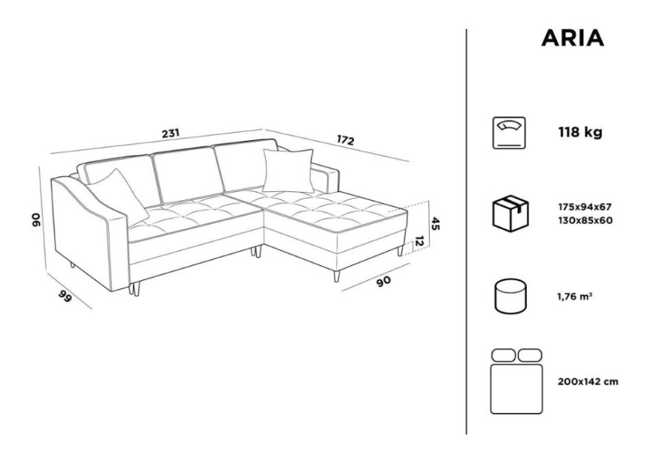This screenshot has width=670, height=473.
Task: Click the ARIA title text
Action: (x=573, y=38)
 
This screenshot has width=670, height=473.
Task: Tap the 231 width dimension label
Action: (x=171, y=133)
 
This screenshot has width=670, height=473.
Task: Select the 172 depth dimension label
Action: (x=345, y=140)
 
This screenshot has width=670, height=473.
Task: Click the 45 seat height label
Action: (x=436, y=223)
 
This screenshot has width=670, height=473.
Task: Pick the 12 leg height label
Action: (x=420, y=242)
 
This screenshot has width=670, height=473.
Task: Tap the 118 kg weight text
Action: (x=579, y=133)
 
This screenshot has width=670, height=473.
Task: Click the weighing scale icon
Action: (x=509, y=133)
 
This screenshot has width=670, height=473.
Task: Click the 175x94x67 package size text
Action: (x=585, y=207)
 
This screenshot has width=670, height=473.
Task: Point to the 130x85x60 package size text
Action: (x=585, y=221)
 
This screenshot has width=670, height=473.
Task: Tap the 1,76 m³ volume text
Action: (x=574, y=296)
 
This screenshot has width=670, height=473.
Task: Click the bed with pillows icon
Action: (x=516, y=381)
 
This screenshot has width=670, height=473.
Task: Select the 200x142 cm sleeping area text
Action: (x=588, y=382)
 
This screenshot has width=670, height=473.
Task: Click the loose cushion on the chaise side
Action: (x=288, y=171)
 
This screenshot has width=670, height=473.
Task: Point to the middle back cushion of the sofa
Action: (x=188, y=175)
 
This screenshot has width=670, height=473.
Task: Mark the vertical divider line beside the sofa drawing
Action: (x=466, y=232)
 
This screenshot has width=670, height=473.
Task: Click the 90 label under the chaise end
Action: (x=384, y=281)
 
